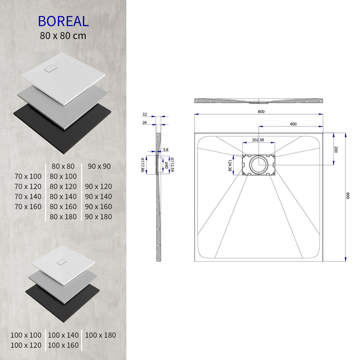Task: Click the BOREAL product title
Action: click(63, 21)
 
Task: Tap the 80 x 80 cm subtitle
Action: click(63, 36)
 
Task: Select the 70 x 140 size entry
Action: click(28, 197)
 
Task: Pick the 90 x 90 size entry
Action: click(99, 166)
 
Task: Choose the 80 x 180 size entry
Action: click(63, 217)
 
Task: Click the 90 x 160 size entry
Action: click(98, 206)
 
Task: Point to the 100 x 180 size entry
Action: click(101, 335)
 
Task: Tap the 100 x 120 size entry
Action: click(26, 345)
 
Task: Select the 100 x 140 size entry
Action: click(63, 335)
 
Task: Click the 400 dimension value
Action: click(293, 124)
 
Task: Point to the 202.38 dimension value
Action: click(258, 140)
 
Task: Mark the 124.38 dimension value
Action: click(230, 165)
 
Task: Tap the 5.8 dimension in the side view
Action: click(166, 149)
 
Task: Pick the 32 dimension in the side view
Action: click(145, 114)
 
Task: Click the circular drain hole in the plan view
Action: click(259, 164)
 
